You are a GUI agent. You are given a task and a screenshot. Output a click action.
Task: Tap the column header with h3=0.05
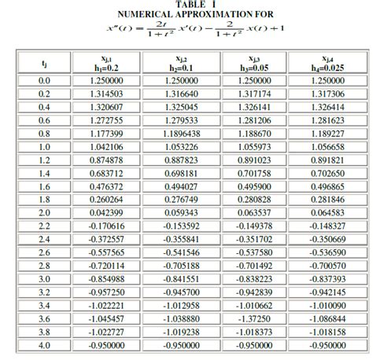coord(253,62)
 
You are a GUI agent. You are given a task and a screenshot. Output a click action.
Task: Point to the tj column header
coord(43,62)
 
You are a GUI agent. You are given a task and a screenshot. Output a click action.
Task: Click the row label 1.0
coord(43,146)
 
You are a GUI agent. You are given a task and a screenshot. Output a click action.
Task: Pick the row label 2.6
coord(43,252)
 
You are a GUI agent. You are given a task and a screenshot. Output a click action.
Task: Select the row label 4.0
coord(43,345)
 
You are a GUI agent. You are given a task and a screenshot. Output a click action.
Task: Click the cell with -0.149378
coord(253,226)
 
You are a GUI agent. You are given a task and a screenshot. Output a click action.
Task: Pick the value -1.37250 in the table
coord(253,318)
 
